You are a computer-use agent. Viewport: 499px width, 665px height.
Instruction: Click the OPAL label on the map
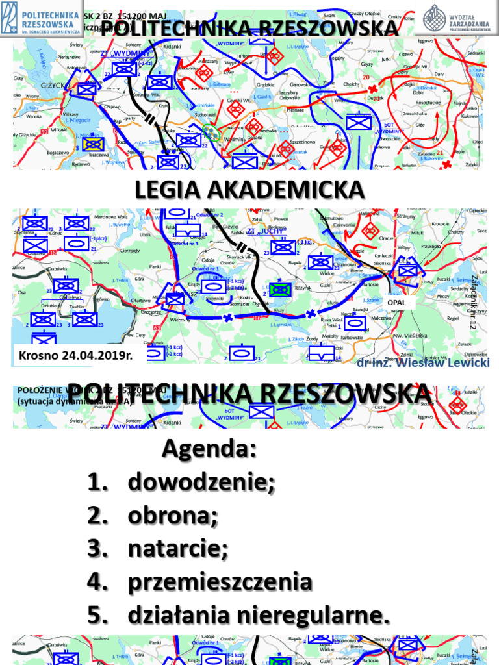pos(396,303)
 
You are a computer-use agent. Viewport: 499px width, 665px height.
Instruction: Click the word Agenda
pos(209,449)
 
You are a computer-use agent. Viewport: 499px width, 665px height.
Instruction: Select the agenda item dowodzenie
pos(201,483)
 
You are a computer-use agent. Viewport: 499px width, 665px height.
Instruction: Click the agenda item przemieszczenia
pos(220,583)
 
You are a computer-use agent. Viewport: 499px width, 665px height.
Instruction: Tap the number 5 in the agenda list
pos(96,616)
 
